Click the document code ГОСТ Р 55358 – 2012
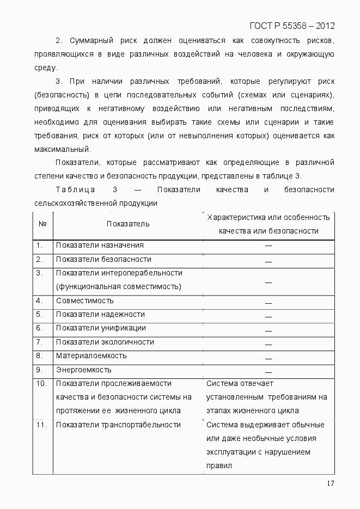(x=291, y=26)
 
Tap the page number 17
(x=330, y=485)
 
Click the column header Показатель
(x=128, y=224)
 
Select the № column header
(x=42, y=224)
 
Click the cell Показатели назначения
(x=100, y=246)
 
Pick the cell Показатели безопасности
(x=103, y=260)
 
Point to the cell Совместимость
(x=84, y=301)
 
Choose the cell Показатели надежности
(x=100, y=314)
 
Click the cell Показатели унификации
(x=101, y=328)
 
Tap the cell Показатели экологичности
(x=105, y=342)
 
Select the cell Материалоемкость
(x=91, y=355)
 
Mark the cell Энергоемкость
(x=83, y=370)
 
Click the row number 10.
(x=41, y=384)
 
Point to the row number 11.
(x=41, y=425)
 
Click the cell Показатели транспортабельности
(x=118, y=425)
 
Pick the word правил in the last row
(x=219, y=466)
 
